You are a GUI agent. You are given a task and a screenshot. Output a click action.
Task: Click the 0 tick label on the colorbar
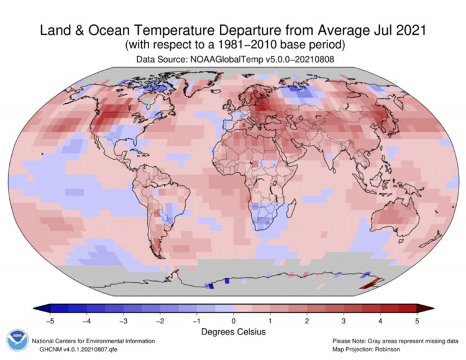pos(234,321)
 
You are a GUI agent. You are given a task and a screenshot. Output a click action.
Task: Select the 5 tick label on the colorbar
pos(417,321)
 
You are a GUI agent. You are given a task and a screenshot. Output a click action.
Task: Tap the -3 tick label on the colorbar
pos(123,321)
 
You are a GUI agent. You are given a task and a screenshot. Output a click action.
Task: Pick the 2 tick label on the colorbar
pos(307,321)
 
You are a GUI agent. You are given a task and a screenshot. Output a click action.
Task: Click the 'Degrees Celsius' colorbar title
pos(234,332)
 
